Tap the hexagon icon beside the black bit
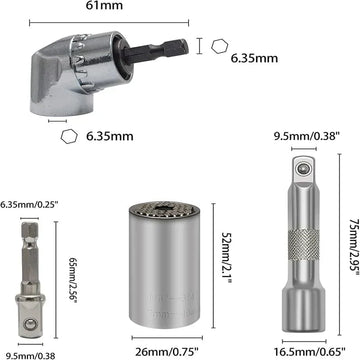point(220,46)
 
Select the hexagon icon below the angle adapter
point(69,136)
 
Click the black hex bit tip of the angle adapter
point(155,51)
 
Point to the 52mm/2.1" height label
point(226,258)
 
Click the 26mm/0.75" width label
point(167,351)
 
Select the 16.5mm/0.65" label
point(310,351)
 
